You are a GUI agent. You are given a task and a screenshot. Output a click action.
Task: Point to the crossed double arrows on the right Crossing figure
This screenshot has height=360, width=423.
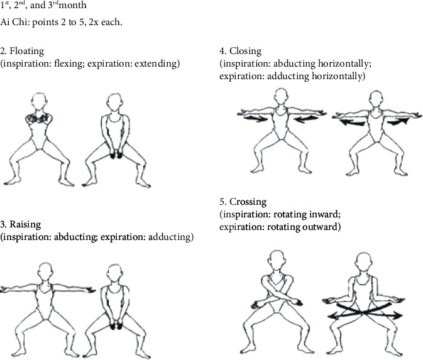[x=361, y=311]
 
